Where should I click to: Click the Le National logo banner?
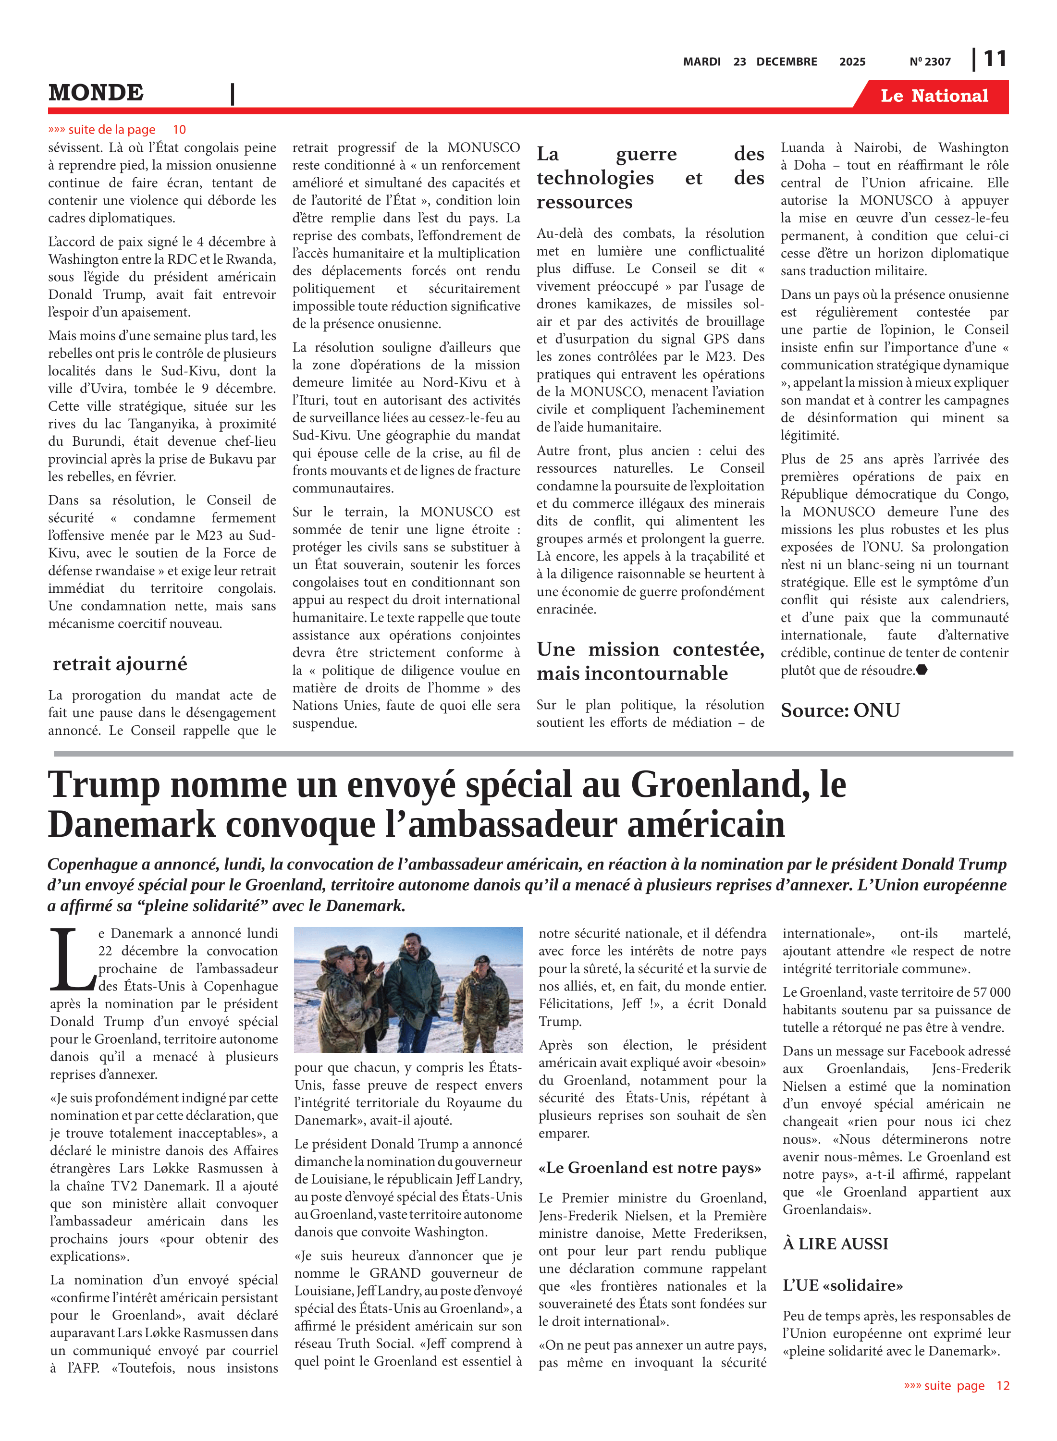pyautogui.click(x=934, y=96)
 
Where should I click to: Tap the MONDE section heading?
pyautogui.click(x=96, y=93)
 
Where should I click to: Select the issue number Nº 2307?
pyautogui.click(x=930, y=62)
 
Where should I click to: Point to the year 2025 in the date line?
pyautogui.click(x=852, y=62)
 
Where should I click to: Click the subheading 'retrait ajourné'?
pyautogui.click(x=120, y=664)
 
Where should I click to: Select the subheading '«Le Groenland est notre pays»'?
pyautogui.click(x=650, y=1168)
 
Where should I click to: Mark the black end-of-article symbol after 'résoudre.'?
pyautogui.click(x=922, y=670)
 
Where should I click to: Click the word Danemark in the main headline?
pyautogui.click(x=131, y=825)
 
